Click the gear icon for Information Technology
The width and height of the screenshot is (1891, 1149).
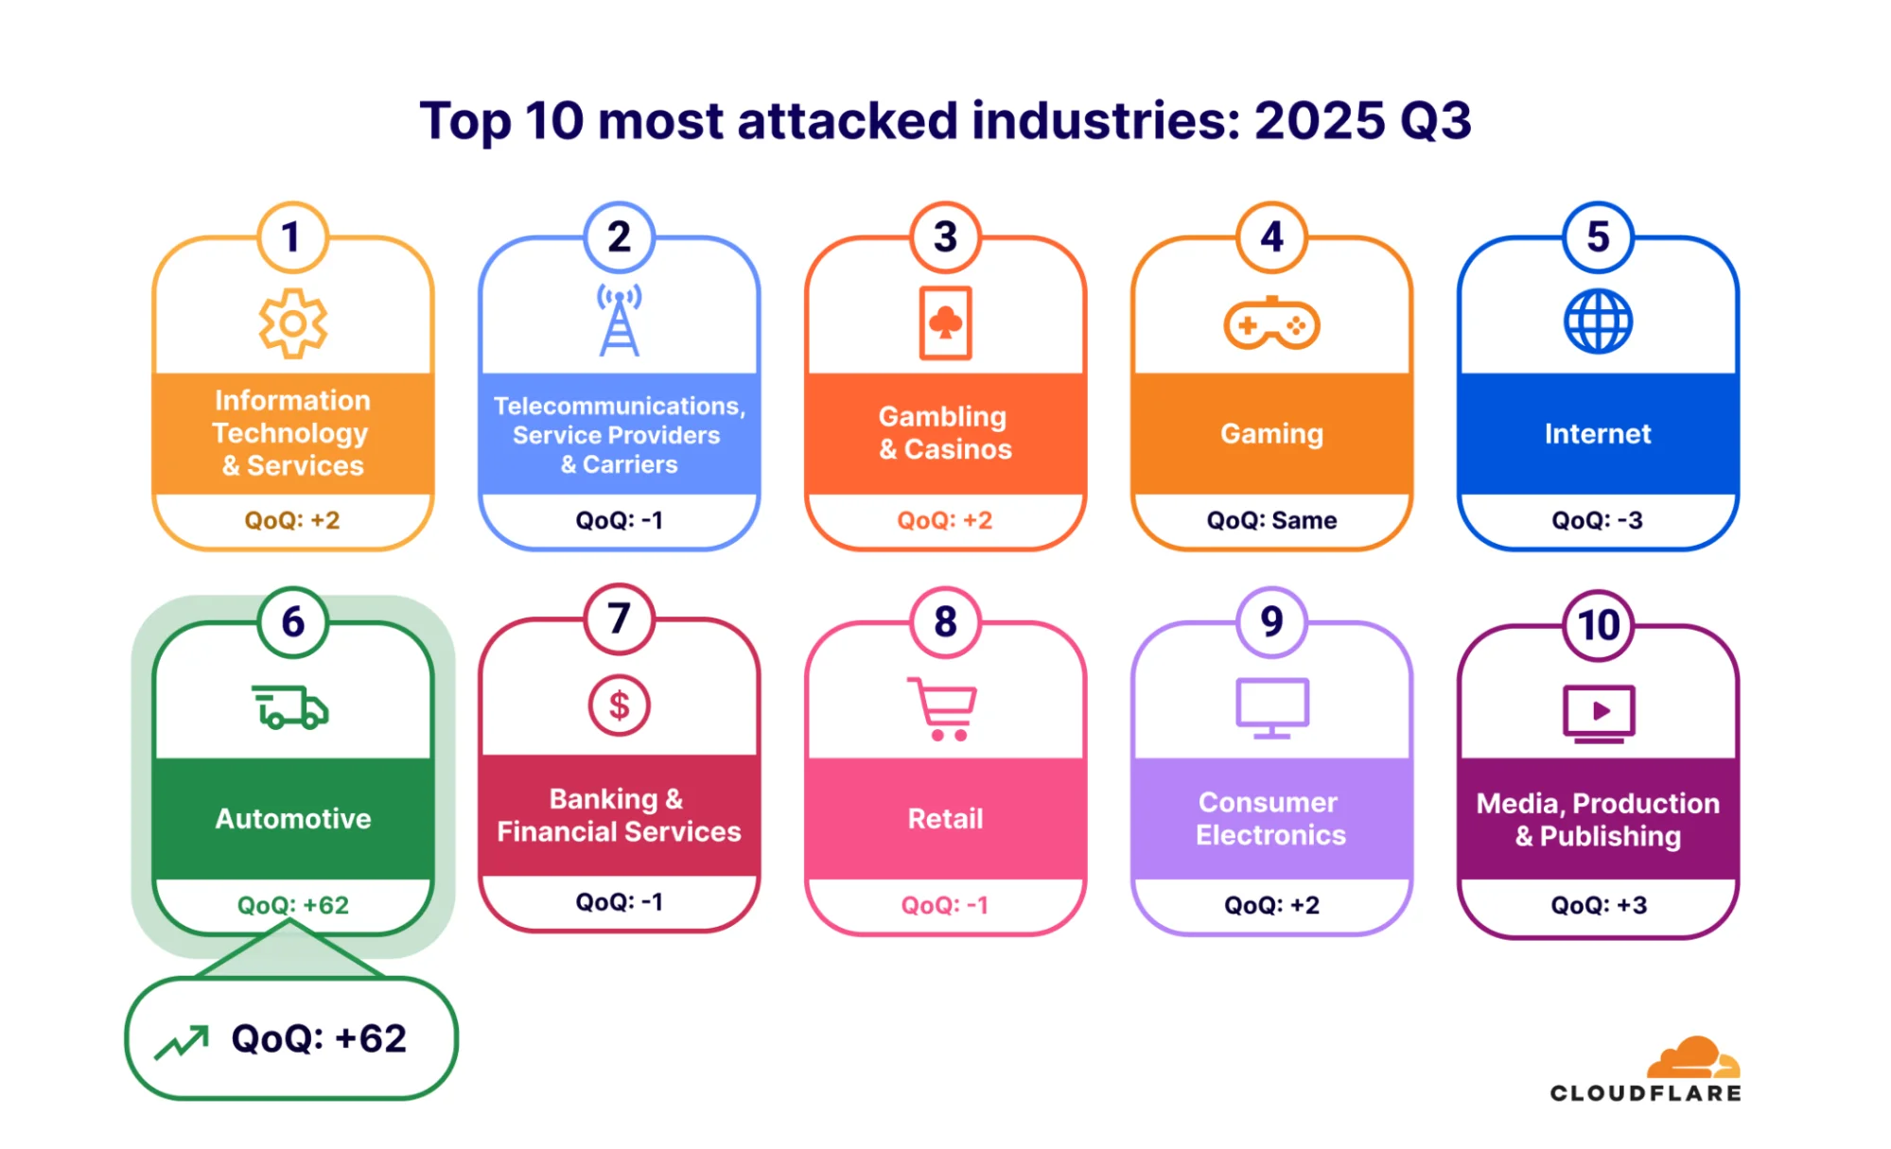pyautogui.click(x=293, y=323)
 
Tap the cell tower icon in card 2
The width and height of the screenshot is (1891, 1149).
pyautogui.click(x=620, y=322)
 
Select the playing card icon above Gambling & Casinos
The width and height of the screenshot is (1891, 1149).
pyautogui.click(x=945, y=323)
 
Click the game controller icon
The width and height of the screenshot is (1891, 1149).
pyautogui.click(x=1271, y=324)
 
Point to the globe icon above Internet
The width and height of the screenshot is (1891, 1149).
pyautogui.click(x=1598, y=322)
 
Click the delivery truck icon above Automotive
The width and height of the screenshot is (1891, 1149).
pyautogui.click(x=290, y=707)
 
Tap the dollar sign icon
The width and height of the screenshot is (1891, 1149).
pyautogui.click(x=619, y=705)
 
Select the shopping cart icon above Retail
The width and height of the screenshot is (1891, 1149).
pyautogui.click(x=943, y=708)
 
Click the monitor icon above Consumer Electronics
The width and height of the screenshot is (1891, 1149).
pyautogui.click(x=1272, y=707)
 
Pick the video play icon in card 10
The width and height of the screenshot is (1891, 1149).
pyautogui.click(x=1599, y=712)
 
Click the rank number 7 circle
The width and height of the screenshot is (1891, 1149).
pyautogui.click(x=619, y=619)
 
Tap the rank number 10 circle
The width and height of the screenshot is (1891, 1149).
pyautogui.click(x=1598, y=625)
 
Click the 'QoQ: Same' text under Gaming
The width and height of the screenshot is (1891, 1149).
pyautogui.click(x=1271, y=520)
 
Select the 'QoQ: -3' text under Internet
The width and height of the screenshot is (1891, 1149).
pyautogui.click(x=1597, y=520)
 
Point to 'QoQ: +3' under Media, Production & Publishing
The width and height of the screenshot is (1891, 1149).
pyautogui.click(x=1598, y=905)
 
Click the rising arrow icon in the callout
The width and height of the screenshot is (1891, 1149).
pyautogui.click(x=182, y=1042)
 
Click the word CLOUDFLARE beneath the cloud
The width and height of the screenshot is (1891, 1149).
pyautogui.click(x=1645, y=1093)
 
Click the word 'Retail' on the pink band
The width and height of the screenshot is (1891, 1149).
pyautogui.click(x=945, y=819)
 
